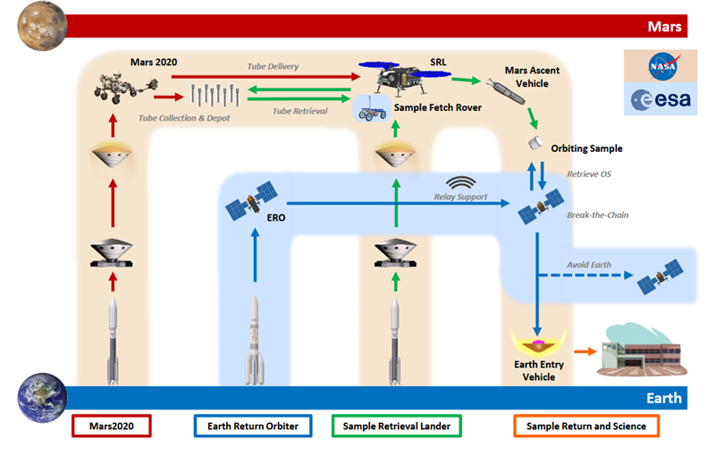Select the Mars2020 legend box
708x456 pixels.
click(x=112, y=426)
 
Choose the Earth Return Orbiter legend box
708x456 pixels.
click(x=252, y=426)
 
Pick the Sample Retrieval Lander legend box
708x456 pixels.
click(x=396, y=426)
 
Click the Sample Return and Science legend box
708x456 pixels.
click(x=586, y=426)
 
